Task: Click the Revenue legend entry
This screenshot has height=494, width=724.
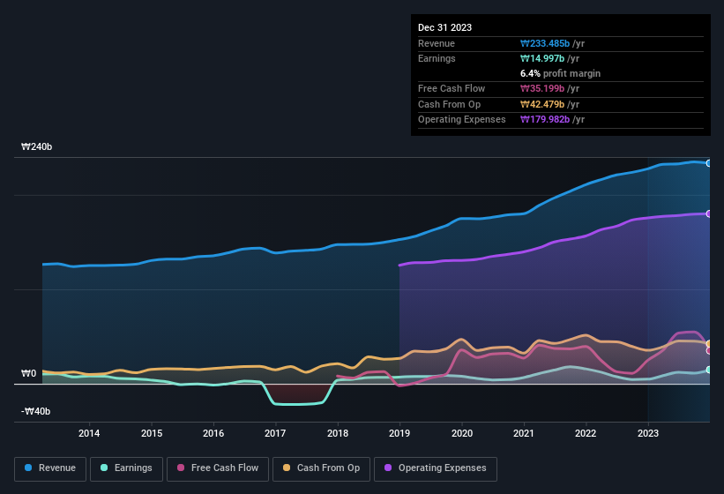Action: click(x=51, y=468)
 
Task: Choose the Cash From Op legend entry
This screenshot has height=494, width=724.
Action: click(x=322, y=468)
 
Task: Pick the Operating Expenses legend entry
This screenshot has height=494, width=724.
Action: click(x=435, y=468)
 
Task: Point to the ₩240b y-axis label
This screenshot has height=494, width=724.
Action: click(x=37, y=147)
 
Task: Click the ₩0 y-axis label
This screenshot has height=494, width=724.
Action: click(x=29, y=374)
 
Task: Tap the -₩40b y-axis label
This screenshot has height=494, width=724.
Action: click(x=36, y=411)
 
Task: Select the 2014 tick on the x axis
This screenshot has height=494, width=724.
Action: click(x=89, y=433)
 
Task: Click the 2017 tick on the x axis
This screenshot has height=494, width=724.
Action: click(x=275, y=433)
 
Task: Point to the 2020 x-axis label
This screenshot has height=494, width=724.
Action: click(x=461, y=433)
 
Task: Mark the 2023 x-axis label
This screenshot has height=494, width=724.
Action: click(x=648, y=433)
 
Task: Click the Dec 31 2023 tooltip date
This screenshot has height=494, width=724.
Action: click(x=444, y=27)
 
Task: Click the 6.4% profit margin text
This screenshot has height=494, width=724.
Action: click(x=561, y=74)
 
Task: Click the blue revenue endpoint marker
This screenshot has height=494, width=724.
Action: click(x=709, y=163)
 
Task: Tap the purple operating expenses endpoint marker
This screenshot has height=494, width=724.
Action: click(x=709, y=213)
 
